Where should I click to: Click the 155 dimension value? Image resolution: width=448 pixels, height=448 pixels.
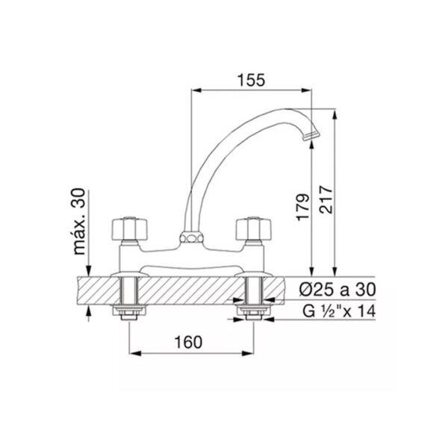[x=252, y=80]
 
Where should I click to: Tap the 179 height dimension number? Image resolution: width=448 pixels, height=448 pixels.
[x=303, y=208]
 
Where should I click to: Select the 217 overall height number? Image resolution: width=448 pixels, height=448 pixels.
[x=326, y=199]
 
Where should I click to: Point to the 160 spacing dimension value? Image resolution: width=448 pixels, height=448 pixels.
[x=188, y=342]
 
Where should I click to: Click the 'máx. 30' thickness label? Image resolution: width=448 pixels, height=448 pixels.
[x=79, y=222]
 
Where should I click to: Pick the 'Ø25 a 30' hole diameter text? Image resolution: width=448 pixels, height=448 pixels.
[x=337, y=290]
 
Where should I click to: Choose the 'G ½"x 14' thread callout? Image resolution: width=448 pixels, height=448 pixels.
[x=339, y=311]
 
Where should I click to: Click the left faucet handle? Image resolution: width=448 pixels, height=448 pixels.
[x=130, y=229]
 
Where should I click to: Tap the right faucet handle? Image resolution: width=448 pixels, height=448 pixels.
[x=253, y=229]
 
